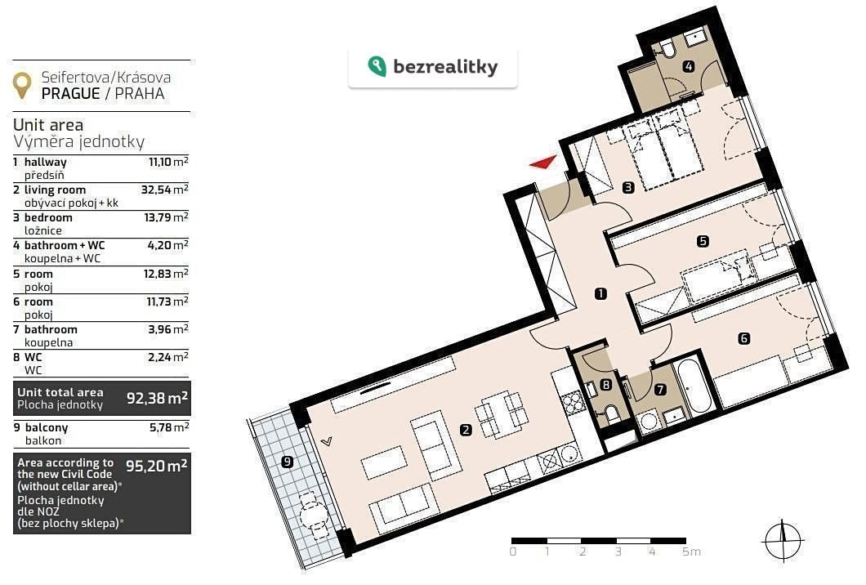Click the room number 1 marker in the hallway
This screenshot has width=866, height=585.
(600, 294)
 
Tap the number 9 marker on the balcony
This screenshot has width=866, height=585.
(288, 462)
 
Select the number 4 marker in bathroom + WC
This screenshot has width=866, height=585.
(688, 66)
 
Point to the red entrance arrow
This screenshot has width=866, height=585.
(543, 162)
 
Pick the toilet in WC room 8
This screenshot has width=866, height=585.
(611, 413)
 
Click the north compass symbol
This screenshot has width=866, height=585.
(783, 541)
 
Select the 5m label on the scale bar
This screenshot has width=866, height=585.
(691, 552)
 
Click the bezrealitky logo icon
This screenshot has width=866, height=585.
(377, 66)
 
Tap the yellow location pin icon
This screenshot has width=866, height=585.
(22, 86)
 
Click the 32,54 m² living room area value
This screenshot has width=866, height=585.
(164, 190)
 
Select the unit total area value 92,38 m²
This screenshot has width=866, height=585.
(158, 398)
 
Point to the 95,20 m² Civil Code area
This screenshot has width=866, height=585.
(156, 466)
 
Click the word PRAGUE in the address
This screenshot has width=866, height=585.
(71, 94)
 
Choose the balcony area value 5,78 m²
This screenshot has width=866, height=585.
(169, 427)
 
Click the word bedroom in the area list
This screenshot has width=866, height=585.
(48, 217)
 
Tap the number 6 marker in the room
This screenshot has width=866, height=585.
(744, 338)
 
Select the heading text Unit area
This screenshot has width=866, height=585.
(48, 125)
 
